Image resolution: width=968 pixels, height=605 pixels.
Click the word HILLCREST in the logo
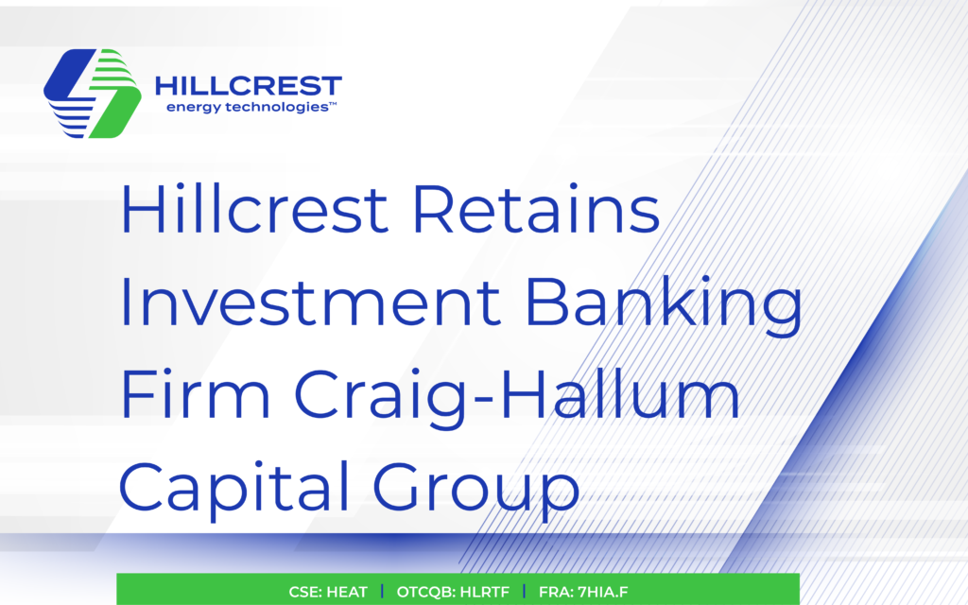[x=248, y=88]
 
